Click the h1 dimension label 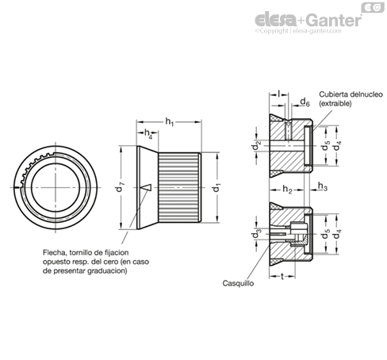170,122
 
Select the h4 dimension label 148,133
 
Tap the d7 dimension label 119,188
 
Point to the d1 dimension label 216,187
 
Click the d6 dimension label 305,102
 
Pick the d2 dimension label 256,145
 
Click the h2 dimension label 287,190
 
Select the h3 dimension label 323,186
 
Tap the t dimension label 282,277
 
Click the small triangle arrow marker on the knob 145,187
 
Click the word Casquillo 238,283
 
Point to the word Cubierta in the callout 333,94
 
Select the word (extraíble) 335,103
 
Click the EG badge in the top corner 373,8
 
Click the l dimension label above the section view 279,94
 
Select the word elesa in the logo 276,20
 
